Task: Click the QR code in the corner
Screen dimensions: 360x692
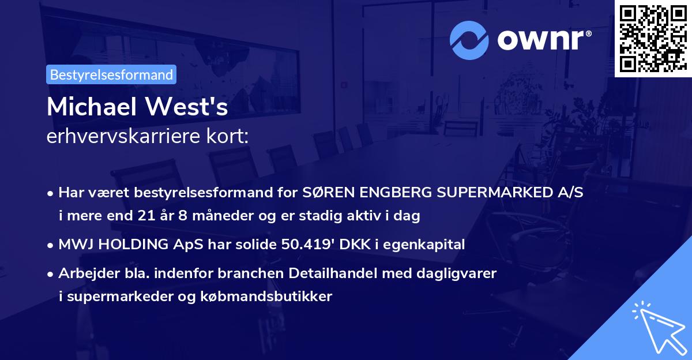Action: (653, 39)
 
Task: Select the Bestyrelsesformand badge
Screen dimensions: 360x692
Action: (111, 74)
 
